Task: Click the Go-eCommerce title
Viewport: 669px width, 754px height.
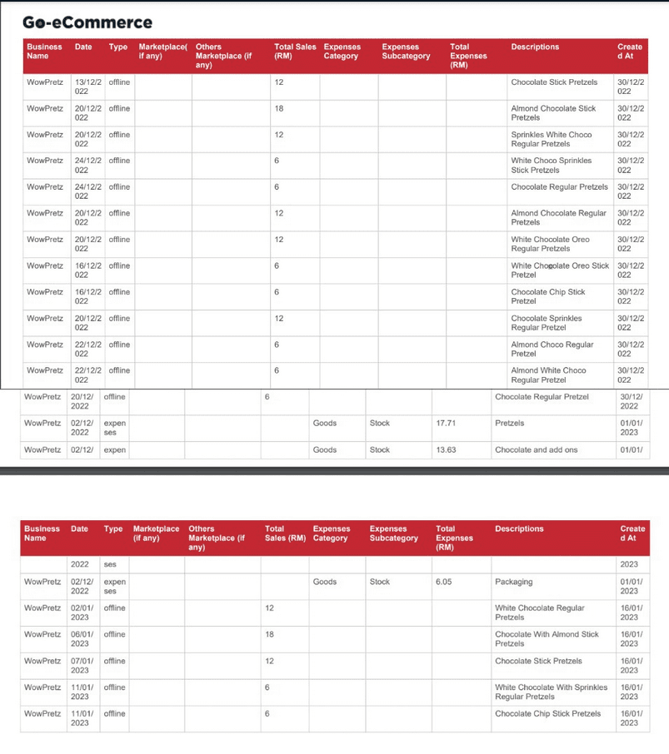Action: pyautogui.click(x=87, y=22)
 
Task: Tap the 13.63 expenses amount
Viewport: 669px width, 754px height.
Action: pyautogui.click(x=446, y=449)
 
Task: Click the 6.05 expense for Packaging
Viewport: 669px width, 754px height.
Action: pyautogui.click(x=443, y=582)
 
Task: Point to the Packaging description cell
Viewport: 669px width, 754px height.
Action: pyautogui.click(x=513, y=582)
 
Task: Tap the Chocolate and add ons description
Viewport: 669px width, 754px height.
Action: pyautogui.click(x=536, y=449)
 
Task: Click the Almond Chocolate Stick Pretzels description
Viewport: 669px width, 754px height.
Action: pyautogui.click(x=553, y=113)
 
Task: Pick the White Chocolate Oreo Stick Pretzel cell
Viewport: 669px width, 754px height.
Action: pyautogui.click(x=559, y=270)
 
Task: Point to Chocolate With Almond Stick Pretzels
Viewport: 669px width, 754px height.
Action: pyautogui.click(x=547, y=638)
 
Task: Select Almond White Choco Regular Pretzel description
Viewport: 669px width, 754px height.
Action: pyautogui.click(x=547, y=375)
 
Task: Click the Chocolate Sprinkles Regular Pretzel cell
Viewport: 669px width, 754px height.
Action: pyautogui.click(x=546, y=322)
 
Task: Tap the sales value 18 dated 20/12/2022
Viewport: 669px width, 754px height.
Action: pyautogui.click(x=279, y=108)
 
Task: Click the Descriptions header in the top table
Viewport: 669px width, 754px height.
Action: pyautogui.click(x=535, y=47)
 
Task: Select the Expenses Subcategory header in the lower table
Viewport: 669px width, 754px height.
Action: pyautogui.click(x=393, y=533)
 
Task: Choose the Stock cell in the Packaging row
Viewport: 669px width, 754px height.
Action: pyautogui.click(x=379, y=582)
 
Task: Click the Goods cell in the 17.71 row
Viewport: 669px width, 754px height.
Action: pyautogui.click(x=324, y=423)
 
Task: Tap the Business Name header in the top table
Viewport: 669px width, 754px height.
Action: pyautogui.click(x=44, y=52)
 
